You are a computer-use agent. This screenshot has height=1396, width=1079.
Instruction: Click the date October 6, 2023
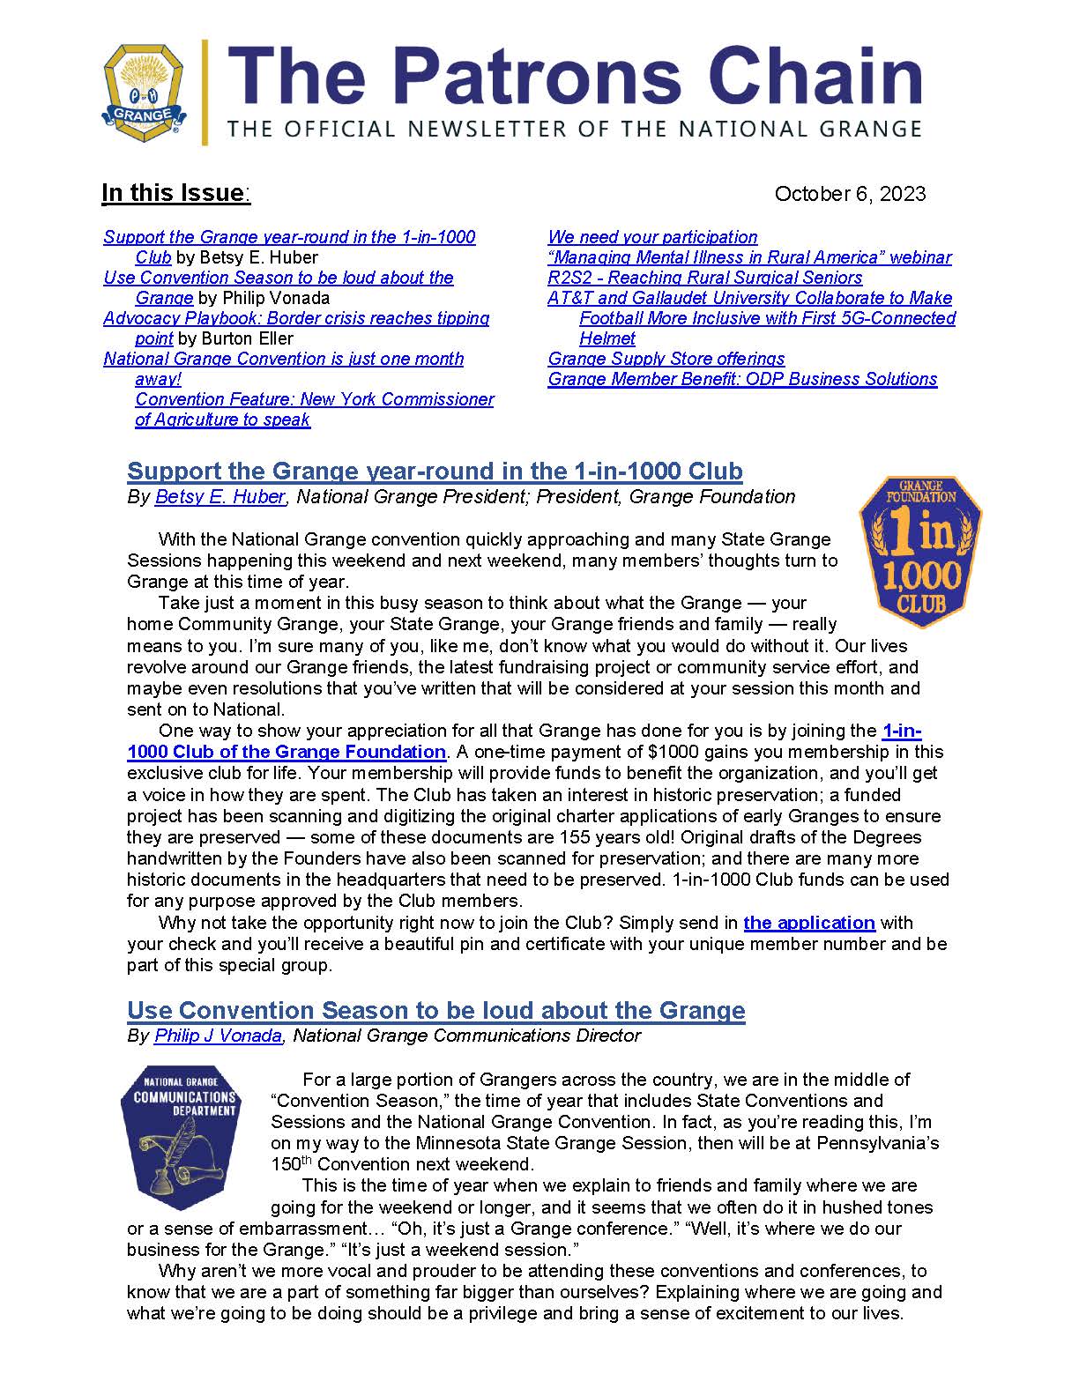click(x=849, y=194)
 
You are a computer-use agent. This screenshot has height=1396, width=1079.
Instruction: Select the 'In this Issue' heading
click(x=175, y=193)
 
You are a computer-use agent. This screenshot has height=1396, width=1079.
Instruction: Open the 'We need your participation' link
click(x=652, y=237)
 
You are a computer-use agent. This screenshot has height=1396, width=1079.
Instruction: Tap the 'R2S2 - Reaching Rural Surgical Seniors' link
click(x=704, y=278)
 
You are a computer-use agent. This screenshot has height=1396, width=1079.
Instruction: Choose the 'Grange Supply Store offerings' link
click(x=666, y=359)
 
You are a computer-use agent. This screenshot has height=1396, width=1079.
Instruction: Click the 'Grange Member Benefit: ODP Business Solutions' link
click(x=742, y=379)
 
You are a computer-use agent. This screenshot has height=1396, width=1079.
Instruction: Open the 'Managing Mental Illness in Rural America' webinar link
click(x=749, y=257)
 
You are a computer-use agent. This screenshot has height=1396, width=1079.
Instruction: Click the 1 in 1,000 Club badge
click(x=920, y=552)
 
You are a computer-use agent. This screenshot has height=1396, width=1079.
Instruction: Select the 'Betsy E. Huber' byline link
click(x=220, y=497)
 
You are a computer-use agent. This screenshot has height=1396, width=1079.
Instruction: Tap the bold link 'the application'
click(x=808, y=923)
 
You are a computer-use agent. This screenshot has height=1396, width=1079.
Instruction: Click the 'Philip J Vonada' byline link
click(x=218, y=1036)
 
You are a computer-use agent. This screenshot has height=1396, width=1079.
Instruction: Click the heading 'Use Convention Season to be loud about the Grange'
click(x=435, y=1010)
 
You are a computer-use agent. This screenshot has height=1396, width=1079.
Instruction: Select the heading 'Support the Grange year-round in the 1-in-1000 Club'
click(x=435, y=471)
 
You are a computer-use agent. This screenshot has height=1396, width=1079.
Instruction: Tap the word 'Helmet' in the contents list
click(x=607, y=338)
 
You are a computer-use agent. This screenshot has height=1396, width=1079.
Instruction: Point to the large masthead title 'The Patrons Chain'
click(x=575, y=77)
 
